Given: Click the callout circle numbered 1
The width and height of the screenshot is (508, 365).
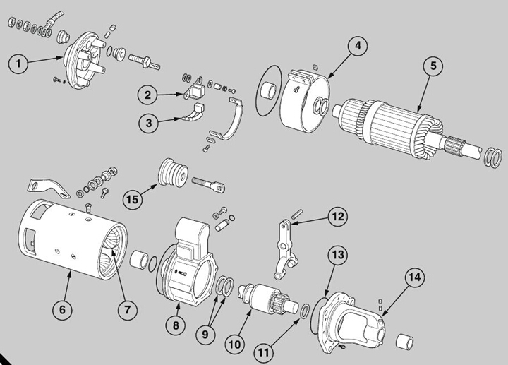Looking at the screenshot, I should click(18, 63).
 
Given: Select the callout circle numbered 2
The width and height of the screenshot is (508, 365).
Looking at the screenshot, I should click(147, 95).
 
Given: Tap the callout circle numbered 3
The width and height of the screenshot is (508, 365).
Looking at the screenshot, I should click(147, 123).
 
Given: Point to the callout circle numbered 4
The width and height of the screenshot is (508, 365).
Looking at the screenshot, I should click(357, 46).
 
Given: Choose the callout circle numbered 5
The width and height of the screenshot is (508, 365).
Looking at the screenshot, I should click(433, 66).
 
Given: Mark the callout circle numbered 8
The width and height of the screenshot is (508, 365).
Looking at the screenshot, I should click(176, 325).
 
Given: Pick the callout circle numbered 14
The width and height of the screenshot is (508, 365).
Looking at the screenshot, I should click(413, 277).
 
